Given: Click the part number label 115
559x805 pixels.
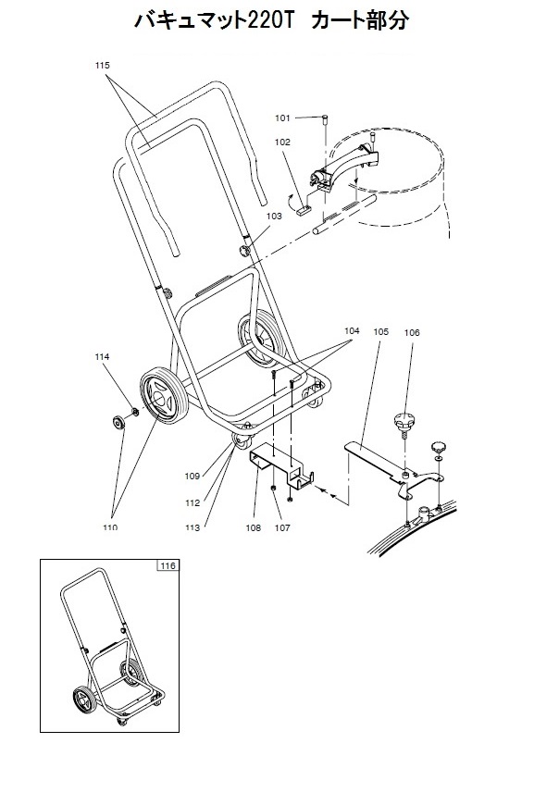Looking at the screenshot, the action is coord(102,65).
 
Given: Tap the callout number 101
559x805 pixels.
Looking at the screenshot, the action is coord(282,118).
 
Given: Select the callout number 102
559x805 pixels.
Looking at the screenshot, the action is coord(282,142).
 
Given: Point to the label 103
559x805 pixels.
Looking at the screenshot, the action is coord(274,217).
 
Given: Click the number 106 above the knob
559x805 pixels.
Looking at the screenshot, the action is coord(412,333).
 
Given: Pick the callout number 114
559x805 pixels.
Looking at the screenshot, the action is coord(102,357).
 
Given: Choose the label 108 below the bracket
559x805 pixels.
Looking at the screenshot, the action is coord(253,527).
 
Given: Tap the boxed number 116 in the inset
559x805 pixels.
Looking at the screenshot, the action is coord(168,565).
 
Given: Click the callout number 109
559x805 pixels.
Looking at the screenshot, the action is coord(192,477).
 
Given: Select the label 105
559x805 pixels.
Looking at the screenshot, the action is coord(381,332).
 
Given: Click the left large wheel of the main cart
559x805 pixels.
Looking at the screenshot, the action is coord(164,395).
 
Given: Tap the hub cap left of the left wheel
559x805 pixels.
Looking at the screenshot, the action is coord(119,423).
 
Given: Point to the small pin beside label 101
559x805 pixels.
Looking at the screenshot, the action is coord(325,120).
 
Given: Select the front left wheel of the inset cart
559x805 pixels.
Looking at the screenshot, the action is coord(84,700).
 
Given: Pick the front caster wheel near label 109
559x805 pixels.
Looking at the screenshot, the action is coord(242,441).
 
